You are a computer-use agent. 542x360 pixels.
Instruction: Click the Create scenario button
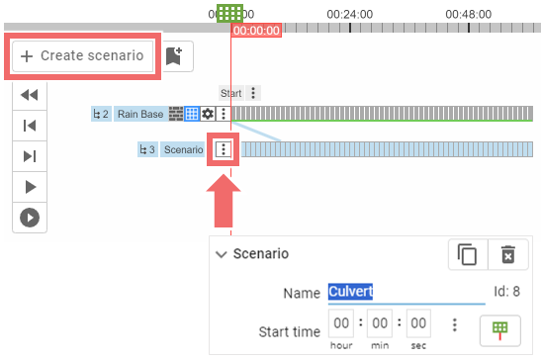pos(82,56)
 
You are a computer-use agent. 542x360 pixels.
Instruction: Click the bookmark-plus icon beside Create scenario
pos(175,56)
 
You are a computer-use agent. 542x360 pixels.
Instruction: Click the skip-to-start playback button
pos(30,126)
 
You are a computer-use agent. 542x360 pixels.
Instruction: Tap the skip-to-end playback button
pos(30,156)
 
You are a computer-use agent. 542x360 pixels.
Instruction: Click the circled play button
pos(30,218)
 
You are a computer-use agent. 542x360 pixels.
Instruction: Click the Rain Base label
pos(139,114)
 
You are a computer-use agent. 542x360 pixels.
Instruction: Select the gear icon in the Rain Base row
pos(208,114)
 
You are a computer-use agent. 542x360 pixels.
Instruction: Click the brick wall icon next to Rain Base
pos(176,114)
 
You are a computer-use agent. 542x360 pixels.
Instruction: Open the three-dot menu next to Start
pos(254,93)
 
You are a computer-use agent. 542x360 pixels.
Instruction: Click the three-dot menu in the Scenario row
pos(225,150)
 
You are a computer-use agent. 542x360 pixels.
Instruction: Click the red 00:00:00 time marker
pos(256,31)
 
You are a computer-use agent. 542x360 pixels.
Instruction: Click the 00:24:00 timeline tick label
pos(349,14)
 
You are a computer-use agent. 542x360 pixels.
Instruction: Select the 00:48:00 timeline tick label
pos(469,14)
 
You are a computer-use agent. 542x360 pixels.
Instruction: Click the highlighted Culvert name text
pos(351,293)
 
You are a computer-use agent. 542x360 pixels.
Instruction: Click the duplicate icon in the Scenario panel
pos(467,254)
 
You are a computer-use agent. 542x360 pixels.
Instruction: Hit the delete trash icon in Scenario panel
pos(507,254)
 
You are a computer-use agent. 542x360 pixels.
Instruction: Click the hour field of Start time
pos(342,324)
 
